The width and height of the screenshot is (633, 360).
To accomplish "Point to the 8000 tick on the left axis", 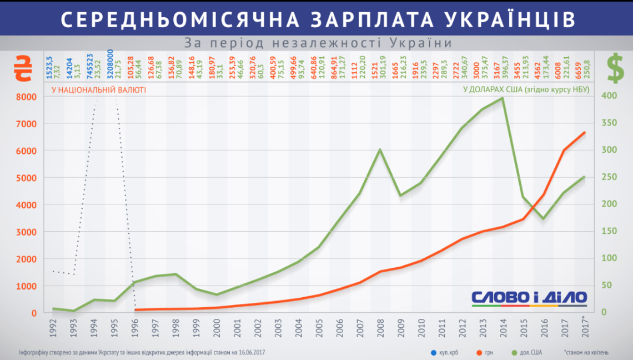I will (x=26, y=97).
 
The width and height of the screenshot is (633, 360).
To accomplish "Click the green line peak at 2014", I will (x=502, y=98).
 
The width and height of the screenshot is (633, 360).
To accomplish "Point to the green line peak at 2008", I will (x=379, y=149).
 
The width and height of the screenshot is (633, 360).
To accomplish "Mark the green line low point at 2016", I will (x=543, y=218).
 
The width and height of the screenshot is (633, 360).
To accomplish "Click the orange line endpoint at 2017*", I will (x=584, y=132).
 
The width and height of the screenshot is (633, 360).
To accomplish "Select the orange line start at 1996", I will (x=135, y=310).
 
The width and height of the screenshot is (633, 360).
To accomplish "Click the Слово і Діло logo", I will (x=529, y=298).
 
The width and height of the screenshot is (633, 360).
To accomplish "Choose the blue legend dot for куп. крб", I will (x=433, y=352).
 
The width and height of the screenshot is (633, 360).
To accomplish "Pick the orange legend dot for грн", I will (x=480, y=352).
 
